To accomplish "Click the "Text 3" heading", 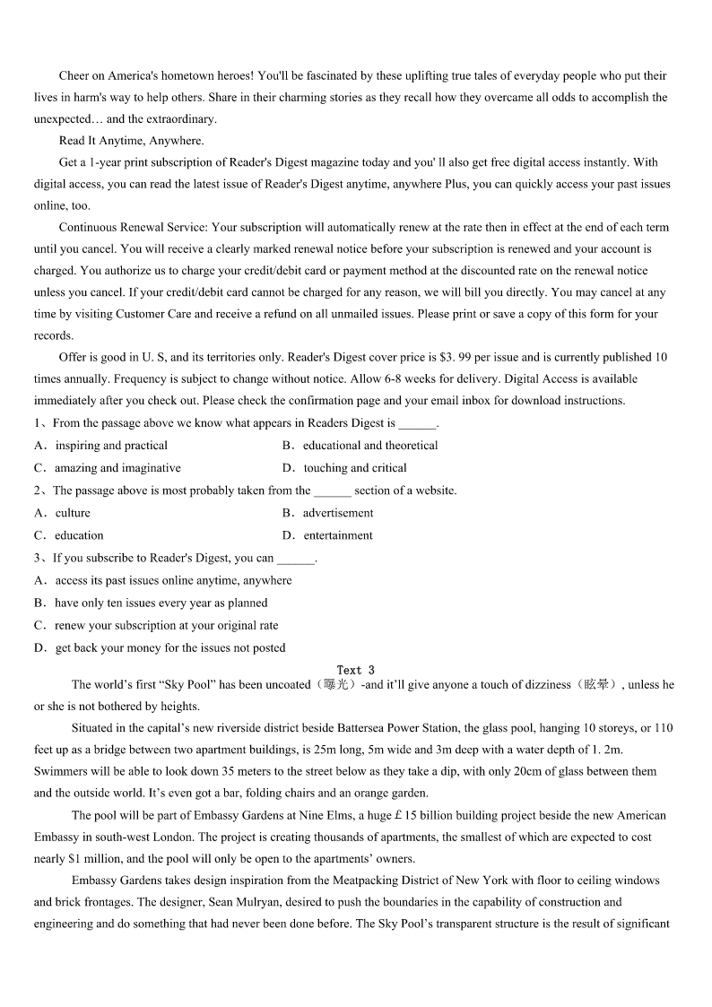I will click(x=355, y=670).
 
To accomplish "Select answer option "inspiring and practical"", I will click(x=111, y=446).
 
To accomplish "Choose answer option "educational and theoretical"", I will click(x=370, y=446).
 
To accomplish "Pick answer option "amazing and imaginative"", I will click(x=117, y=468).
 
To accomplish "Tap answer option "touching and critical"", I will click(x=355, y=468).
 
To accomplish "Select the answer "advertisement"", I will click(x=338, y=513).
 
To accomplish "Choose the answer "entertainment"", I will click(x=338, y=535).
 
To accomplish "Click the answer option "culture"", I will click(x=73, y=513).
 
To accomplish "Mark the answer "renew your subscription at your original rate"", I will click(x=166, y=626).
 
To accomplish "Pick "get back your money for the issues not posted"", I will click(x=170, y=648).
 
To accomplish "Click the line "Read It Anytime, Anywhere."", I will click(x=131, y=141).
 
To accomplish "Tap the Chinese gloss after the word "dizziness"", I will click(x=596, y=685).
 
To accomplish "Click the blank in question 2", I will click(x=333, y=491).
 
